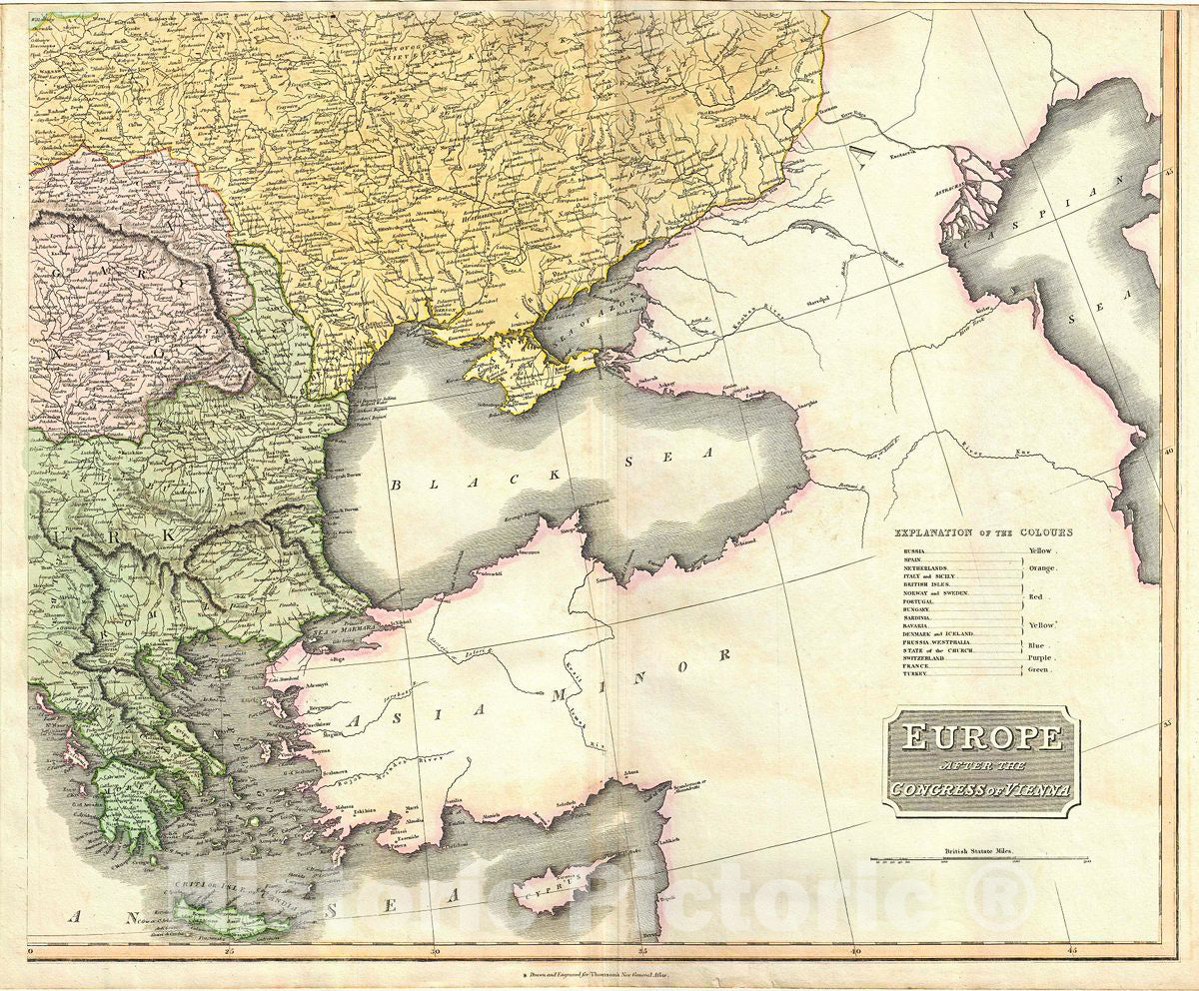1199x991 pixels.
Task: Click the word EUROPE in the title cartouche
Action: coord(981,738)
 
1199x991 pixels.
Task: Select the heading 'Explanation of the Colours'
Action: coord(983,533)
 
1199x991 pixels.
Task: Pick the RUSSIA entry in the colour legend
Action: coord(913,551)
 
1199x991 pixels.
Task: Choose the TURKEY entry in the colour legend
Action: coord(913,674)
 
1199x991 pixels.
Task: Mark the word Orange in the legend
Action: coord(1045,567)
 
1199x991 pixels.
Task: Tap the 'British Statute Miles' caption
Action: coord(979,852)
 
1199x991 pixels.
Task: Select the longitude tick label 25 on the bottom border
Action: coord(229,952)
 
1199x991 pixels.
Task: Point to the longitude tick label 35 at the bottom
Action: coord(642,952)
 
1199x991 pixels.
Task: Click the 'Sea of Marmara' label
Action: coord(339,631)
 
